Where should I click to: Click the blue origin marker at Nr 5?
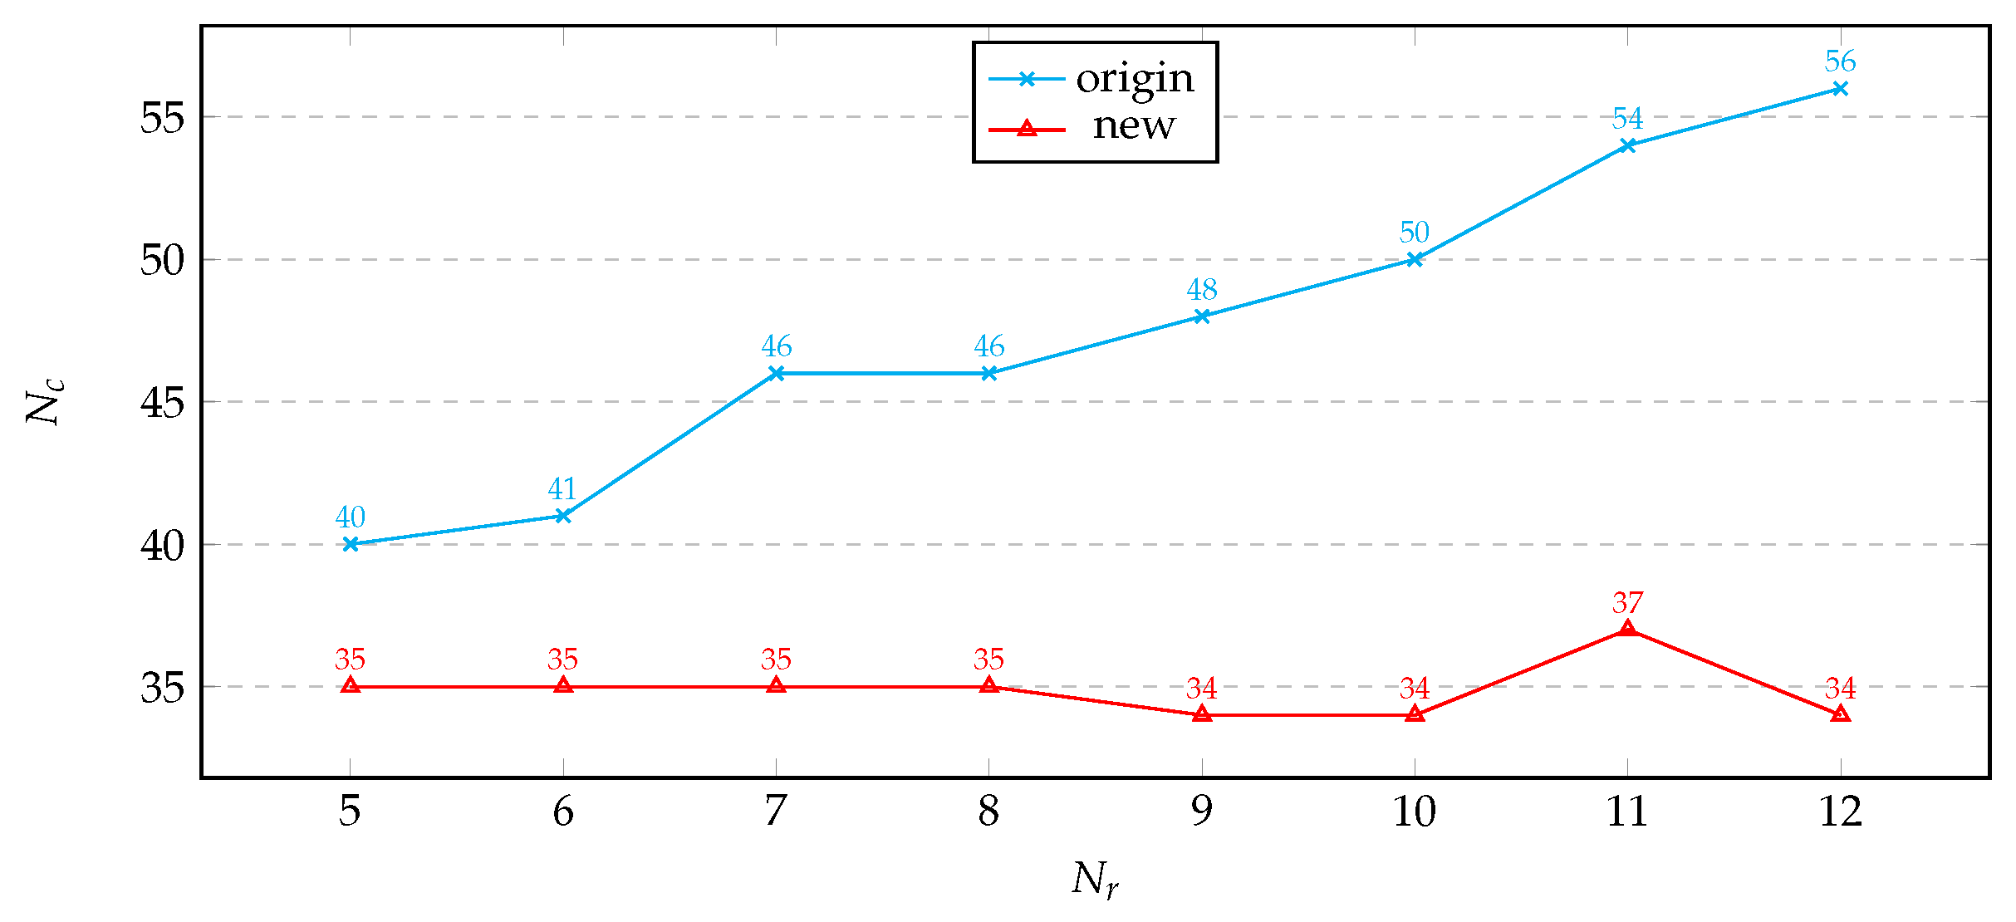tap(351, 544)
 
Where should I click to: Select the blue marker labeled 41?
tap(563, 516)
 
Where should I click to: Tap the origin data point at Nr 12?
tap(1841, 88)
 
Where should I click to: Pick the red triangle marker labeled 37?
tap(1628, 629)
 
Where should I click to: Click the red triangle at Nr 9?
tap(1202, 714)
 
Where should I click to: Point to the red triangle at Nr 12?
tap(1841, 714)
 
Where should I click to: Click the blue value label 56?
tap(1840, 61)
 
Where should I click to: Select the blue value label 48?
tap(1202, 290)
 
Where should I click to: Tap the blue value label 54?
tap(1627, 119)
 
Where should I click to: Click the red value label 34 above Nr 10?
tap(1415, 689)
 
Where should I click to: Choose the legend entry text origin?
tap(1135, 79)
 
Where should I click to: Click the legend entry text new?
tap(1134, 126)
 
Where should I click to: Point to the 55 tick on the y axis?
tap(161, 118)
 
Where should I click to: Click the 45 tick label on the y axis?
tap(161, 403)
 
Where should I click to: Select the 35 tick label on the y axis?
tap(161, 688)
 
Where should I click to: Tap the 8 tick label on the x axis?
tap(988, 812)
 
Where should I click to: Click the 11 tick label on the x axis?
tap(1627, 812)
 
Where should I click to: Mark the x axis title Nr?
tap(1095, 880)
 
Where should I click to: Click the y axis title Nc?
tap(43, 402)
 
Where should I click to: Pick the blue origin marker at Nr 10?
tap(1415, 259)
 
